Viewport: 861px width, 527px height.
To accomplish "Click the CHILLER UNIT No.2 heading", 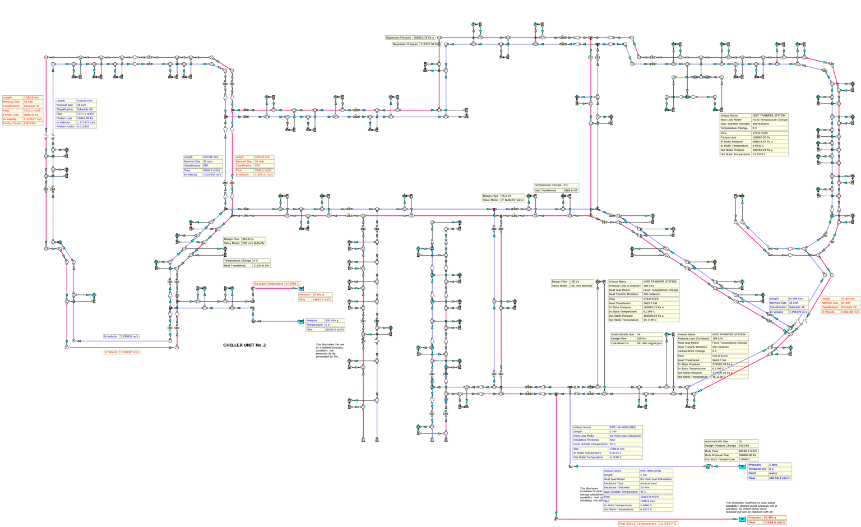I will point(244,345).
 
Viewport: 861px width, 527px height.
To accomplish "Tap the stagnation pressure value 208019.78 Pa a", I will point(424,38).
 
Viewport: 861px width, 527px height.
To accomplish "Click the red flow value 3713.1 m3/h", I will point(32,110).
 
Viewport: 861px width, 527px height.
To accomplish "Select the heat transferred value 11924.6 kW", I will point(261,266).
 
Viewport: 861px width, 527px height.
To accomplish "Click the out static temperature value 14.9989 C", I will point(292,284).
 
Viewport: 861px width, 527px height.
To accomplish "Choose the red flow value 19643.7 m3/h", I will point(322,299).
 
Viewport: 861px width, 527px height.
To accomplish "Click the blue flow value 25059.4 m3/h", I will point(334,330).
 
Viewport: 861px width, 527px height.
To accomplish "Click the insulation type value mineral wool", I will point(649,483).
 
